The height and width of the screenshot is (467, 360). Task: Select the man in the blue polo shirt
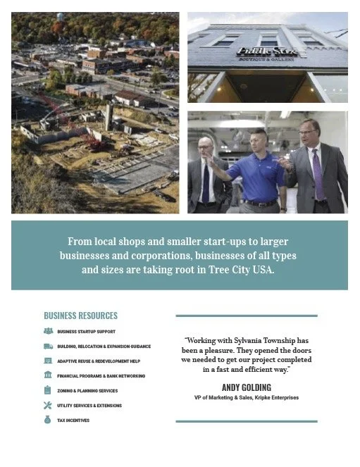[258, 173]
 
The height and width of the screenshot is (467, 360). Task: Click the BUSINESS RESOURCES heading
[80, 316]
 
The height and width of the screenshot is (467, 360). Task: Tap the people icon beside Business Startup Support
[48, 331]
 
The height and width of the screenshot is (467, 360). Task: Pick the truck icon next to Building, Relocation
[48, 346]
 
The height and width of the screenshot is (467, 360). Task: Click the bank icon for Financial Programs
[48, 375]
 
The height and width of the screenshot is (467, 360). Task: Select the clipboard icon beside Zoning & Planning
[48, 390]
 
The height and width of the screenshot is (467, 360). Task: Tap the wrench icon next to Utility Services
[48, 405]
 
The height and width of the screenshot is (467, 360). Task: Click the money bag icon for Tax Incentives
[48, 420]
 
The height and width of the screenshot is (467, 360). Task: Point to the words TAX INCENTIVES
[73, 421]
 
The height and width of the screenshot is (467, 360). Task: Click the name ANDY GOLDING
[246, 387]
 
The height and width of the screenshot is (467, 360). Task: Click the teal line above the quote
[246, 316]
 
